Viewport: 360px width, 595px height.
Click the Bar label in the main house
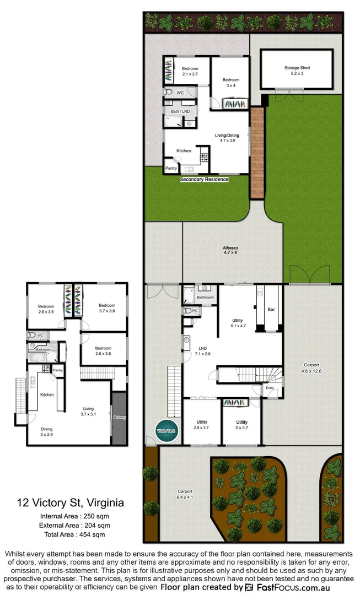271,310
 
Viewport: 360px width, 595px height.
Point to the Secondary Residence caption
204,179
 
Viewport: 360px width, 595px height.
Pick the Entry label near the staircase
270,388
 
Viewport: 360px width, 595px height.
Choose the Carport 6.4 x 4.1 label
185,494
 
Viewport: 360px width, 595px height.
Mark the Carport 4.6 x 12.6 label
311,368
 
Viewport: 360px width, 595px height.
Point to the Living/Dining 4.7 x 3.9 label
227,137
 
